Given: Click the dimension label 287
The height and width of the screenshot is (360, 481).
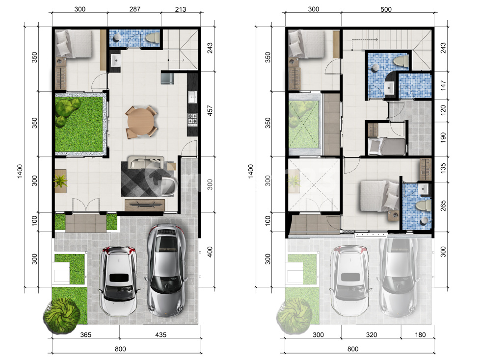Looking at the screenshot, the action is coord(134,9).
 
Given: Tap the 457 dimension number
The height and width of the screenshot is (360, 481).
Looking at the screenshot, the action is coord(210,111).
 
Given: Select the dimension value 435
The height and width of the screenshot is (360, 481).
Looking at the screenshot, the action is coord(161,335).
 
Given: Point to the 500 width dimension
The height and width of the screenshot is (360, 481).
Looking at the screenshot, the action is coord(386,9).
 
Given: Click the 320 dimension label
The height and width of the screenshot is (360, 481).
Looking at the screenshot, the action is coord(371,335).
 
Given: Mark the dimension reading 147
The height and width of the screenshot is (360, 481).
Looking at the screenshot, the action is coord(443,85).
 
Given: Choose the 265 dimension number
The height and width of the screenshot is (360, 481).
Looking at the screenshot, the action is coord(443,206).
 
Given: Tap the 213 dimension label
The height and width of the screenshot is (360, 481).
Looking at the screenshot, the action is coord(181,9).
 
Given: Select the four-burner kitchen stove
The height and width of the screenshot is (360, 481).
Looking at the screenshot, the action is coord(192,120).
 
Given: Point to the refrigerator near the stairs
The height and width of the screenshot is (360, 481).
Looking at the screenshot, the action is coord(167,77).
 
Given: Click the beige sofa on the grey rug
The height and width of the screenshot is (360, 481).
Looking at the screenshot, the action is coord(146,162).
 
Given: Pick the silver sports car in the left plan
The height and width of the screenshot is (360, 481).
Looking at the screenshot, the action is coord(166,270).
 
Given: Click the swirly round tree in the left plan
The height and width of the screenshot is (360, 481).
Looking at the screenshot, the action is coord(62,316).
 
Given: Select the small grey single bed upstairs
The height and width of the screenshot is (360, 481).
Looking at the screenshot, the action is coord(387,146).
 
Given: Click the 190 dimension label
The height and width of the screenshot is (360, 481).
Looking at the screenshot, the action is coord(443,137).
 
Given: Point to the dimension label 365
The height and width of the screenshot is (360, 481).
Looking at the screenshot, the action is coord(85,335).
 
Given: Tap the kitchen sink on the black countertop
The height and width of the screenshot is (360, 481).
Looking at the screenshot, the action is coord(192,98).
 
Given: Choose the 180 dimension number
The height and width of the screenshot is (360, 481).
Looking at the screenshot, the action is coord(420,335).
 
